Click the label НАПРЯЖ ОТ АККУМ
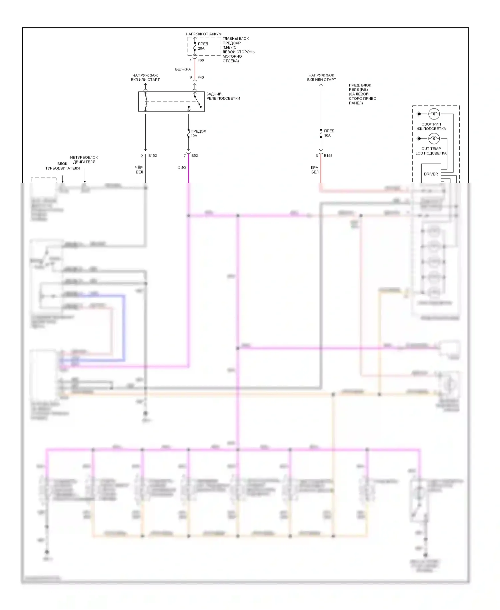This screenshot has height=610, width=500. coord(203,34)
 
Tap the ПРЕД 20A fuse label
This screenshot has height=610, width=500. coord(203,46)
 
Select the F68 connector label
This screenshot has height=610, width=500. coord(201,60)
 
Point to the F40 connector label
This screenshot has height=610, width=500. coord(201,77)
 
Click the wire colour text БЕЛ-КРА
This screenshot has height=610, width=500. coord(183,69)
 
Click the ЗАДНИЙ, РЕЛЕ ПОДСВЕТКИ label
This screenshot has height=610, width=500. coord(223,96)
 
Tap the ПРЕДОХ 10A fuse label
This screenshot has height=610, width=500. coord(198,133)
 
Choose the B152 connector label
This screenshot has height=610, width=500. coord(152,156)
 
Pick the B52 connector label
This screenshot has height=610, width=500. coord(195,156)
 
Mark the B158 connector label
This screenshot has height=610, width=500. coord(328,156)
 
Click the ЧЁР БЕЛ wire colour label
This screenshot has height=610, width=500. coord(139,170)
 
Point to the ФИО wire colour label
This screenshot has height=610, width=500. coord(182,168)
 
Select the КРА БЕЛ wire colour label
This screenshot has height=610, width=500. coord(315,170)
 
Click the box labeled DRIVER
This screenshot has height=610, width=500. coord(431,174)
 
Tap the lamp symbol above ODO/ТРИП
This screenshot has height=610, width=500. coord(434,114)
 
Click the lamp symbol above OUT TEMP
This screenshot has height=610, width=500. coord(434,138)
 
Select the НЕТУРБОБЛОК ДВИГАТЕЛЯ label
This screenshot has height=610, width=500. coord(84,160)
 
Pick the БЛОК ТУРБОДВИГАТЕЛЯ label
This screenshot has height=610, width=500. coord(62,166)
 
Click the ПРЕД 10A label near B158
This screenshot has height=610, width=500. coord(329,133)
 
